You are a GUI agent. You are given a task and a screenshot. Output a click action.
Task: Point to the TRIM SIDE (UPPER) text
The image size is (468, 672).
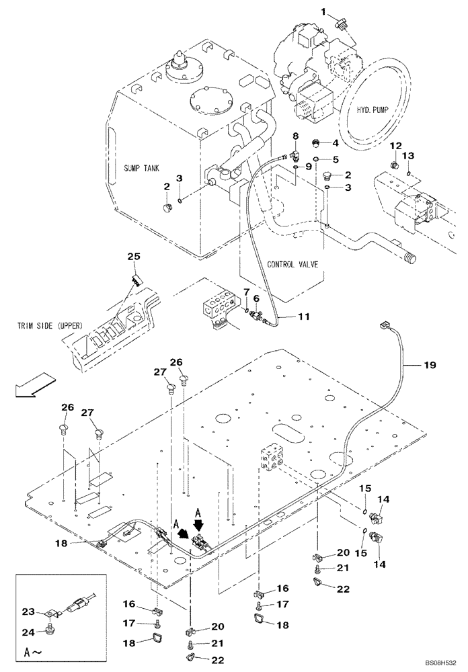coord(50,326)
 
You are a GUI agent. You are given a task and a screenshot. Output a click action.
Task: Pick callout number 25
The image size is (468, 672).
coord(134,257)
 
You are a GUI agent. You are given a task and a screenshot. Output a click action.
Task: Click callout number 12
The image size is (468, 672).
coord(395,146)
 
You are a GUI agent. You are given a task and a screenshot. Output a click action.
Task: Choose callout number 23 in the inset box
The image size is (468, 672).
coord(28,612)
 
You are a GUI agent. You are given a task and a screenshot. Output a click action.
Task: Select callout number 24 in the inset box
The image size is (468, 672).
coord(28,631)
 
